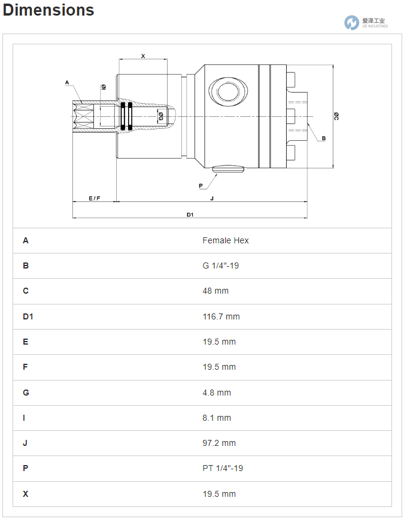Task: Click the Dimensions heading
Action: [x=48, y=10]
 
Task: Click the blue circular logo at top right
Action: [x=351, y=23]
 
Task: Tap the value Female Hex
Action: [x=225, y=240]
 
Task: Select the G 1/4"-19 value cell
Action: [x=220, y=265]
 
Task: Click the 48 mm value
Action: [x=215, y=291]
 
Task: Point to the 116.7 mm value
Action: [x=221, y=316]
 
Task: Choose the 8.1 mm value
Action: [x=217, y=418]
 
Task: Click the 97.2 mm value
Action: [x=219, y=443]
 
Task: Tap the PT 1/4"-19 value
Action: [x=223, y=469]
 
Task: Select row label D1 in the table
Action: [x=28, y=316]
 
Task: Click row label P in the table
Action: [x=26, y=469]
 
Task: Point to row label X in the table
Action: [x=26, y=494]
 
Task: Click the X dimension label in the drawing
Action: [x=142, y=56]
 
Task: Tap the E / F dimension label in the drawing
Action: [x=94, y=198]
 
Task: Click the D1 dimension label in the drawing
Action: [x=190, y=214]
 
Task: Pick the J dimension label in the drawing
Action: [x=211, y=198]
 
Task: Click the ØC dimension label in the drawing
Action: [x=336, y=116]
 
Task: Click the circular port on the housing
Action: [x=227, y=92]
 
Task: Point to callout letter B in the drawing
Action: [x=324, y=138]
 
